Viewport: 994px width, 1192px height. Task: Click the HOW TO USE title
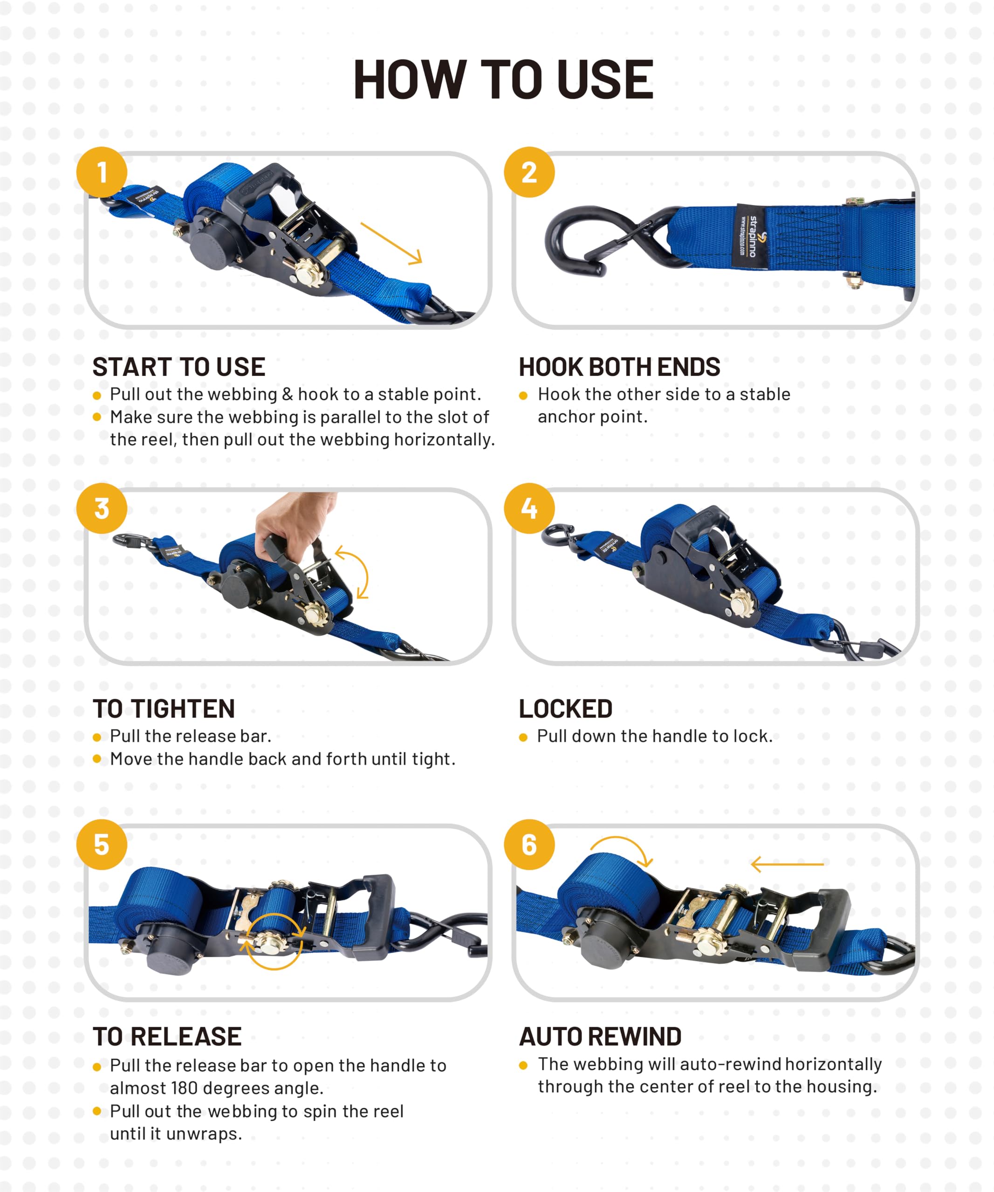coord(503,80)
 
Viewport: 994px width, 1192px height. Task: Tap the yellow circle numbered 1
coord(102,172)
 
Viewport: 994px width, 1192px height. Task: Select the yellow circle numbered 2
coord(529,172)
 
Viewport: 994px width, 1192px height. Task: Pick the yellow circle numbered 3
coord(102,508)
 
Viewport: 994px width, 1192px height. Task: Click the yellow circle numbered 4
coord(529,508)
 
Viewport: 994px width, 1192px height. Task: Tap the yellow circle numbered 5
coord(102,845)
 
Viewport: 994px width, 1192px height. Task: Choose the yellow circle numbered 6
coord(529,845)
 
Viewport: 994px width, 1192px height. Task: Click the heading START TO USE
coord(179,367)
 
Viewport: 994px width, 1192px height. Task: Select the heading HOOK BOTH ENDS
coord(619,367)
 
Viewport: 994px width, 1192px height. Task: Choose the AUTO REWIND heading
coord(600,1036)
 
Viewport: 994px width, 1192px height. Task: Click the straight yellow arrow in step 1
coord(391,244)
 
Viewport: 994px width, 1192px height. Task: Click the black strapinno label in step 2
coord(751,236)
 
